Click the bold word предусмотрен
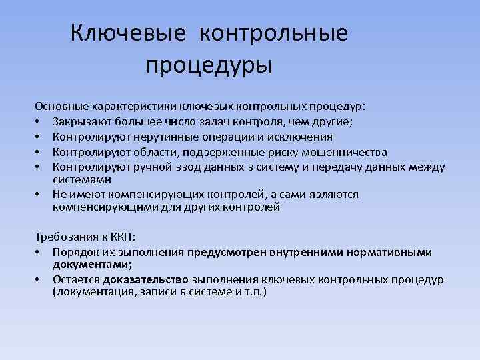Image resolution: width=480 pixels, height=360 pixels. (223, 252)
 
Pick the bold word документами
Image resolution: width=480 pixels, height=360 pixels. (87, 265)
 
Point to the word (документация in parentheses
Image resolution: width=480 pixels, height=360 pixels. (91, 293)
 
